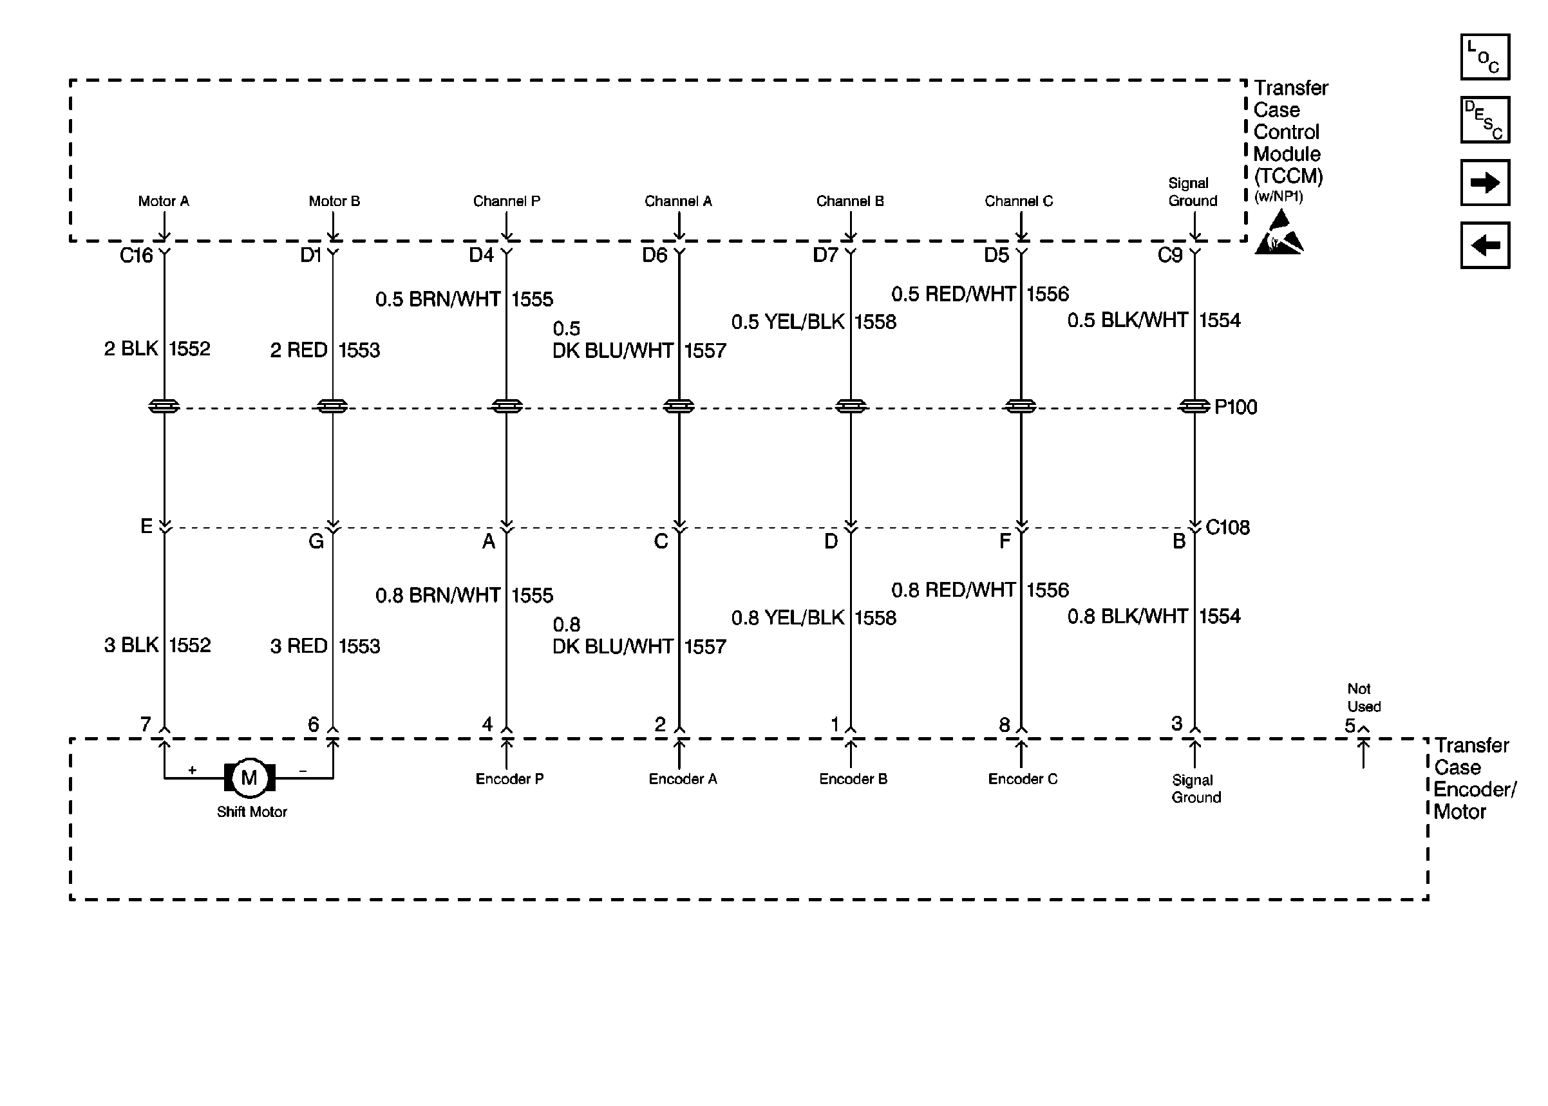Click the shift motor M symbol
pyautogui.click(x=249, y=777)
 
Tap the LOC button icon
pyautogui.click(x=1485, y=57)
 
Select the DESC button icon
pyautogui.click(x=1485, y=120)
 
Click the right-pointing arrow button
pyautogui.click(x=1485, y=183)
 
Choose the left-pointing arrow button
pyautogui.click(x=1485, y=245)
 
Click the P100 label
pyautogui.click(x=1236, y=408)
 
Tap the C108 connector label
pyautogui.click(x=1227, y=528)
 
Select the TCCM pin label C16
pyautogui.click(x=137, y=256)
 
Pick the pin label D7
pyautogui.click(x=826, y=256)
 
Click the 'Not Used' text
pyautogui.click(x=1363, y=698)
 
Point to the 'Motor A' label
pyautogui.click(x=164, y=202)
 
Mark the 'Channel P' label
pyautogui.click(x=507, y=202)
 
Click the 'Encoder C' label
pyautogui.click(x=1023, y=779)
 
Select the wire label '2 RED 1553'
pyautogui.click(x=325, y=350)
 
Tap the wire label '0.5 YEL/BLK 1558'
pyautogui.click(x=813, y=321)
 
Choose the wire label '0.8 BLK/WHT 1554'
pyautogui.click(x=1154, y=616)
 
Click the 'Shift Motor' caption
pyautogui.click(x=252, y=812)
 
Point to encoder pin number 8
pyautogui.click(x=1005, y=726)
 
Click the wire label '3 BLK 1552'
pyautogui.click(x=157, y=645)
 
